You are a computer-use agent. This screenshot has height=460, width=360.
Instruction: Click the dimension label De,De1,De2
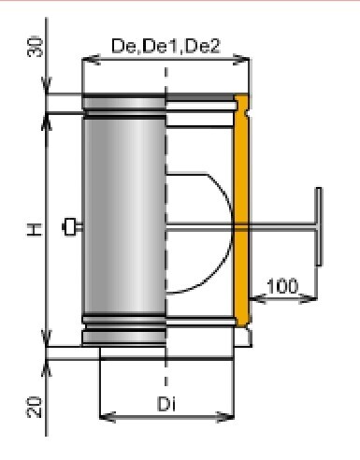coord(166,46)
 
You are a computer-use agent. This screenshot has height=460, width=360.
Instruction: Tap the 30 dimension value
coord(35,47)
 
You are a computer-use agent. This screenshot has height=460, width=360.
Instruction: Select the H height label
coord(34,230)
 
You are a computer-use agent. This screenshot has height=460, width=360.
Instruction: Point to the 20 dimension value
coord(34,407)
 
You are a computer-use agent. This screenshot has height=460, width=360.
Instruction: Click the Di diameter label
coord(166,404)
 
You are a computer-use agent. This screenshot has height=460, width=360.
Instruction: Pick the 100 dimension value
coord(282,286)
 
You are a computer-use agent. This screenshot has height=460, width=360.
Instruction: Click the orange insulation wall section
coord(241,211)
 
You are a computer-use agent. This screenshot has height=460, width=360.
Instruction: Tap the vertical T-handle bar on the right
coord(319,226)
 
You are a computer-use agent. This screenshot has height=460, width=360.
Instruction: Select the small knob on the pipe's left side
coord(70,226)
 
